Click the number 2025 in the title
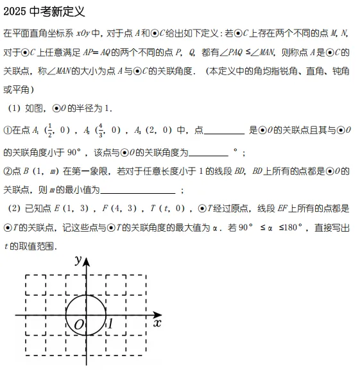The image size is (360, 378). [15, 12]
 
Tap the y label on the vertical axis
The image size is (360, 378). [77, 260]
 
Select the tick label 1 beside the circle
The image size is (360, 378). [110, 324]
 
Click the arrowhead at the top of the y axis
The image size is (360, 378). [87, 260]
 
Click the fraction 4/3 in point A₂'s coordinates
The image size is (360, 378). [98, 130]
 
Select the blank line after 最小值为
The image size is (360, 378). [138, 190]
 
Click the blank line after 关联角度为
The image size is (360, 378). [209, 153]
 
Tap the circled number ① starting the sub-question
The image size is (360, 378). [7, 131]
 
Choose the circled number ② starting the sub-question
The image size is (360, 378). [7, 171]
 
